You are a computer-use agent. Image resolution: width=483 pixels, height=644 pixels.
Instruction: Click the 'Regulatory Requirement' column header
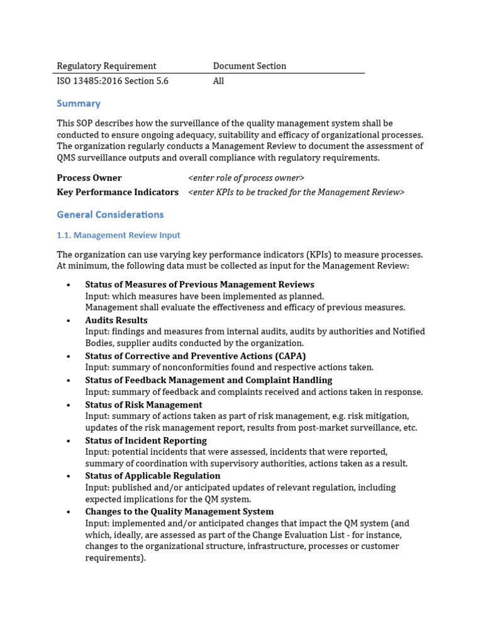[x=106, y=66]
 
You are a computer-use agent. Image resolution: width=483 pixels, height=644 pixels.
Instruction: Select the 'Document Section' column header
[x=249, y=66]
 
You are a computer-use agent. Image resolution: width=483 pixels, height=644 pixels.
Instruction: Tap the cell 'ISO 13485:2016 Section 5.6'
[x=113, y=81]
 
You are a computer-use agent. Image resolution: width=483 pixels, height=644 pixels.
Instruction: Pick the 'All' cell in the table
[x=218, y=81]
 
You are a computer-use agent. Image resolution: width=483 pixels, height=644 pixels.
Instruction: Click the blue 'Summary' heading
[x=79, y=104]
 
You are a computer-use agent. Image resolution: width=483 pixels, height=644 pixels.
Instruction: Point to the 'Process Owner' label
[x=89, y=178]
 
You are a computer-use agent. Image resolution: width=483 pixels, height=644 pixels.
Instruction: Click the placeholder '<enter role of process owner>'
[x=247, y=178]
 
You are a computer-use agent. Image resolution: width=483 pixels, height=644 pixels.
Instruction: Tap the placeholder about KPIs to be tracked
[x=296, y=192]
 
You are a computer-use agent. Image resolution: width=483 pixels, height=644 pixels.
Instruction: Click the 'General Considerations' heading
[x=110, y=214]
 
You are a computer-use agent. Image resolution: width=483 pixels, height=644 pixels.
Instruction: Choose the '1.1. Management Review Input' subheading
[x=118, y=235]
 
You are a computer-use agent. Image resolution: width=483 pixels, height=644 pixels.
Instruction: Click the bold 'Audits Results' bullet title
[x=116, y=320]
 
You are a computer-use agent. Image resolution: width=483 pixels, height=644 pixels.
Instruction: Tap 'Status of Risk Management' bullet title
[x=143, y=405]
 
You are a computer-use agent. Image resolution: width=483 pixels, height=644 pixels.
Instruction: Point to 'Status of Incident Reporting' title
[x=146, y=440]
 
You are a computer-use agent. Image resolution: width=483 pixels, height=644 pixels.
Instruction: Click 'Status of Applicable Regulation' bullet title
[x=153, y=476]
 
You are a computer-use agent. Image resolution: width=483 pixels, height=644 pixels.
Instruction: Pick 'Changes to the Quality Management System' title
[x=179, y=512]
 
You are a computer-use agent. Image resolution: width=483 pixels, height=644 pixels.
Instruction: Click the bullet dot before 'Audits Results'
[x=68, y=321]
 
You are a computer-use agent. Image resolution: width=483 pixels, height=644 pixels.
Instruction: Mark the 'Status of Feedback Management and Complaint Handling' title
[x=208, y=380]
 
